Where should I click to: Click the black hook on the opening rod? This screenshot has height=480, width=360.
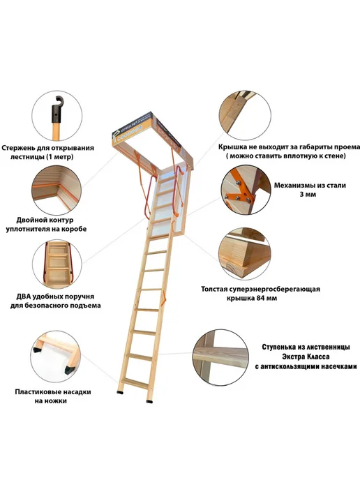57,110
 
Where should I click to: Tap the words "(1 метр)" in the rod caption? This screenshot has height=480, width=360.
60,157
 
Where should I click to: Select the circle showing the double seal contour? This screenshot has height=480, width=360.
57,190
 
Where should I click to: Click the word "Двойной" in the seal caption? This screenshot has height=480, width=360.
29,220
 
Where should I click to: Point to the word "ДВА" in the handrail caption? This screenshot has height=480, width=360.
24,297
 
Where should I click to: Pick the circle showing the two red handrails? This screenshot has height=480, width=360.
57,264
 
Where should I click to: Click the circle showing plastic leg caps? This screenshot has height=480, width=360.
55,356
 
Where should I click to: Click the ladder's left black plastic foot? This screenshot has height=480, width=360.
120,392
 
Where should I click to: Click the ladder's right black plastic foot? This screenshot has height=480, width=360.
149,401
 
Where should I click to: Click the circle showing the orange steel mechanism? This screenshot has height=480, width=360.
246,190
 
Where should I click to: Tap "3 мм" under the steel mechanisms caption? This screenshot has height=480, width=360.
308,195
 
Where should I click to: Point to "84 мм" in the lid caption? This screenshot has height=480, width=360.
267,298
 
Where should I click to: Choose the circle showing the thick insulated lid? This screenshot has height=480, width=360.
244,253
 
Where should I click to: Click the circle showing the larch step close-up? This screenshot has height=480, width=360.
221,357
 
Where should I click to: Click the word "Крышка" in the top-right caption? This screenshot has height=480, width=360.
231,147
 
